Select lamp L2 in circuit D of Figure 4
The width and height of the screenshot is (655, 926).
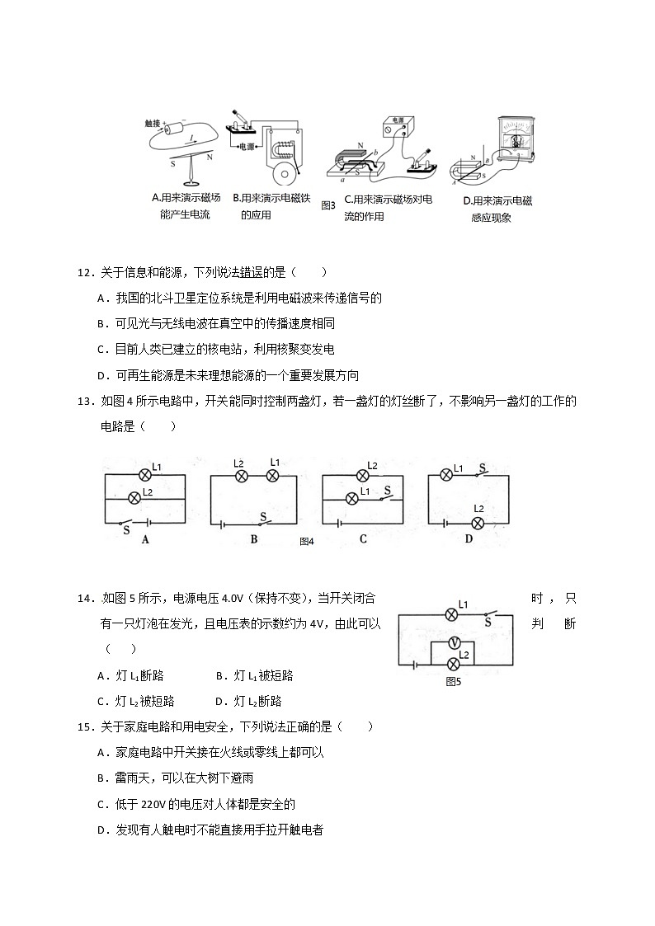pos(477,523)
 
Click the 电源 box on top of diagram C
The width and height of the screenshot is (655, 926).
pos(399,125)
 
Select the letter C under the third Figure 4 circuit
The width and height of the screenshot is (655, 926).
pos(362,539)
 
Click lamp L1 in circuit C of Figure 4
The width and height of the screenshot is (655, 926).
pos(352,497)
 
